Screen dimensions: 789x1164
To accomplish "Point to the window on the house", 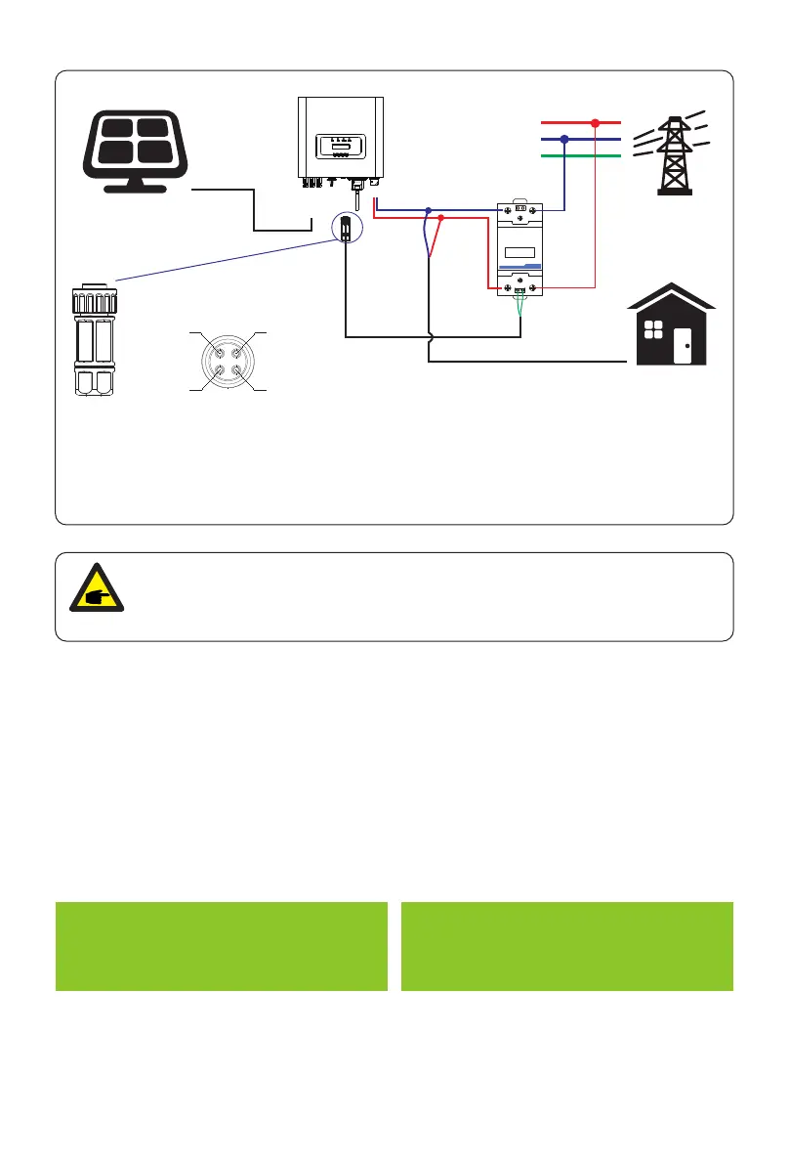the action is (654, 330).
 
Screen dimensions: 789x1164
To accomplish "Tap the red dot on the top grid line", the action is (594, 123).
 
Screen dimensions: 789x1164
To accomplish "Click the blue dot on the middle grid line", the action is (564, 140).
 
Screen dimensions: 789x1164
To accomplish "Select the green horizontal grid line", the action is (580, 155).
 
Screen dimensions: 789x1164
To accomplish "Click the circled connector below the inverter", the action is (346, 229).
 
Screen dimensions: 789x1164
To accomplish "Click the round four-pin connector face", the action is (227, 362).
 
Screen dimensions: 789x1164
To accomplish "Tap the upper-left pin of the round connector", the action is (216, 350).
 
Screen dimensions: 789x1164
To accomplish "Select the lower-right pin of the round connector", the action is (237, 372).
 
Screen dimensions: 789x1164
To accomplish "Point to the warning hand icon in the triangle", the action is (95, 596).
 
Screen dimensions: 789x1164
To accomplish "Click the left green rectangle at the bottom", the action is (221, 946).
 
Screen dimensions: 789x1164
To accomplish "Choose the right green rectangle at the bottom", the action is (566, 946).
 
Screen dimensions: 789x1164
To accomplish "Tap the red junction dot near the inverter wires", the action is (441, 218).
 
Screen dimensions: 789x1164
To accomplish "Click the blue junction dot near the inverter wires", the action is (428, 210).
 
